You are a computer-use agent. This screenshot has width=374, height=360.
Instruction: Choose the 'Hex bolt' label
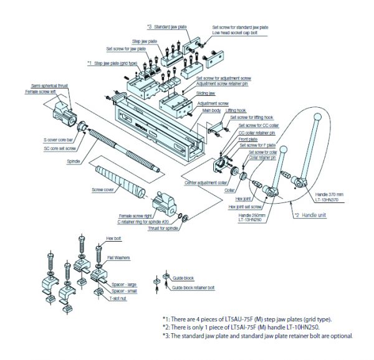114,238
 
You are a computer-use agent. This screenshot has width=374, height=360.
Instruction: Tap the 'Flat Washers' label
117,257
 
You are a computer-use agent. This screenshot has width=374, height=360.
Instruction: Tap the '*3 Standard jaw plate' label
166,27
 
